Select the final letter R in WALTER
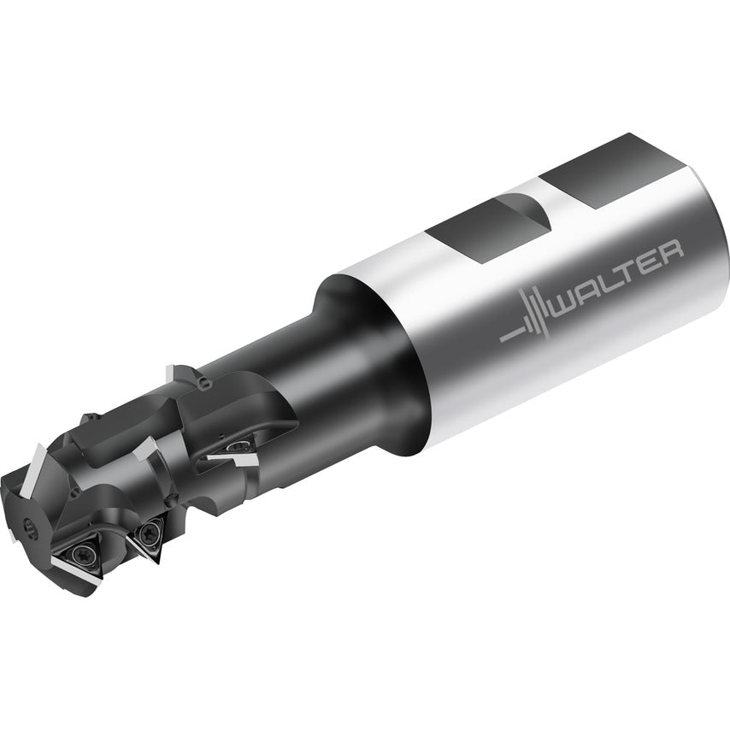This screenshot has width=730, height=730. (672, 250)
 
